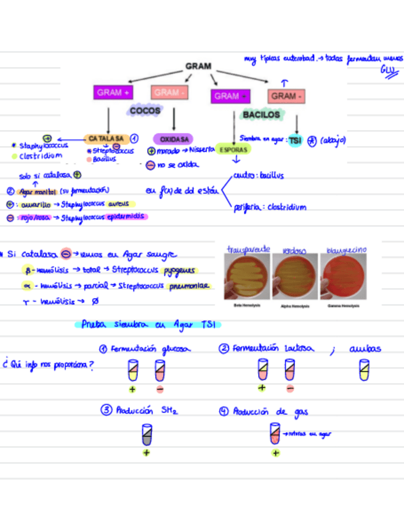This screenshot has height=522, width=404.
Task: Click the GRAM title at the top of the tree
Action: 198,66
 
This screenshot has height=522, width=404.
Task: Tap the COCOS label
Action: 145,111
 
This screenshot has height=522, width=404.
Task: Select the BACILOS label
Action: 261,114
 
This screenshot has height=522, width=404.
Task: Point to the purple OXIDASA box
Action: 172,139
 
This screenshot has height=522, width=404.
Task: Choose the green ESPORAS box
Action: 233,150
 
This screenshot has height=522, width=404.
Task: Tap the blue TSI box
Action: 296,140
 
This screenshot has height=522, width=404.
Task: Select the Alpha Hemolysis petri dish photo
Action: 294,276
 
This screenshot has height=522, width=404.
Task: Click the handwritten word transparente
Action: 248,249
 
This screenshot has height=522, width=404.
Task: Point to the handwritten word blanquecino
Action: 346,250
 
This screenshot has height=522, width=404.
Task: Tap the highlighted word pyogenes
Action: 180,270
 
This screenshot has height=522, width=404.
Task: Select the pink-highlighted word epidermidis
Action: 127,217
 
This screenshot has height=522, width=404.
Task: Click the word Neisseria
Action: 202,150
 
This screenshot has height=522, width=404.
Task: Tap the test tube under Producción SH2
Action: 147,435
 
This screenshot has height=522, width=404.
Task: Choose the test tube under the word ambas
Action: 365,371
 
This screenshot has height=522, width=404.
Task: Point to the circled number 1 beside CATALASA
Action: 134,139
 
